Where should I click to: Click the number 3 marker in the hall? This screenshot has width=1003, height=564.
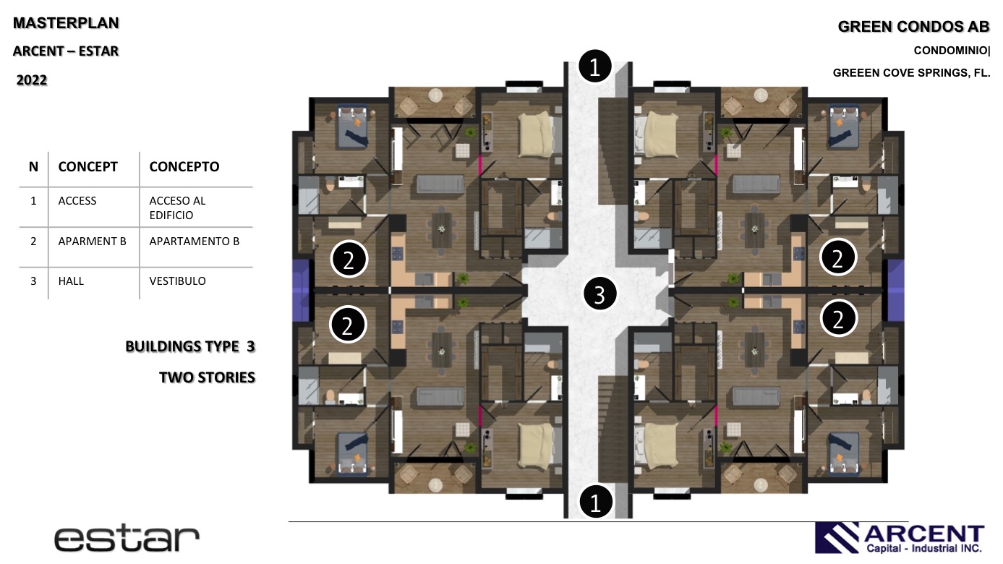[600, 294]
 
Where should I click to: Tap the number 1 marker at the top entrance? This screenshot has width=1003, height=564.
[595, 67]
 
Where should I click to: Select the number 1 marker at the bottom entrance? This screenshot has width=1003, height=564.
[596, 502]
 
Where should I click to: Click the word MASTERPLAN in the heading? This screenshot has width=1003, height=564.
[66, 23]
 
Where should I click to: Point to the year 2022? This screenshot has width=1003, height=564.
[32, 80]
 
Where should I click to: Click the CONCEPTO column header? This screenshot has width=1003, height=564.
[184, 166]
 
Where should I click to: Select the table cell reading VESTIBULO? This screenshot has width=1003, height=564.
[177, 281]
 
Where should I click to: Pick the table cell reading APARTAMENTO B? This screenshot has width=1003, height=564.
[195, 242]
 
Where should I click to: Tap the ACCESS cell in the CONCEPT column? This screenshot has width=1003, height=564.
[77, 200]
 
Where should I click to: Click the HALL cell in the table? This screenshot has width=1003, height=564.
[71, 281]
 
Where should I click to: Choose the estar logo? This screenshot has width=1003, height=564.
[127, 539]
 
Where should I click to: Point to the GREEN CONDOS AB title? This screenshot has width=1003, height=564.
[913, 27]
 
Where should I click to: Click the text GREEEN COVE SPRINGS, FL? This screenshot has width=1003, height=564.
[911, 73]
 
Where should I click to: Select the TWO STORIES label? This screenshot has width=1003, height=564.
[207, 377]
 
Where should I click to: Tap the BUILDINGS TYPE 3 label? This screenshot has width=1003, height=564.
[190, 346]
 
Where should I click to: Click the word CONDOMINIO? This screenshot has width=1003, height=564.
[950, 51]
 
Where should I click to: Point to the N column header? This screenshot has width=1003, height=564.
[33, 166]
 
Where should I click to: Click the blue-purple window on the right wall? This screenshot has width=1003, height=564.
[895, 290]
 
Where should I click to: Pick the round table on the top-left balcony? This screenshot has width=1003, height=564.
[435, 95]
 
